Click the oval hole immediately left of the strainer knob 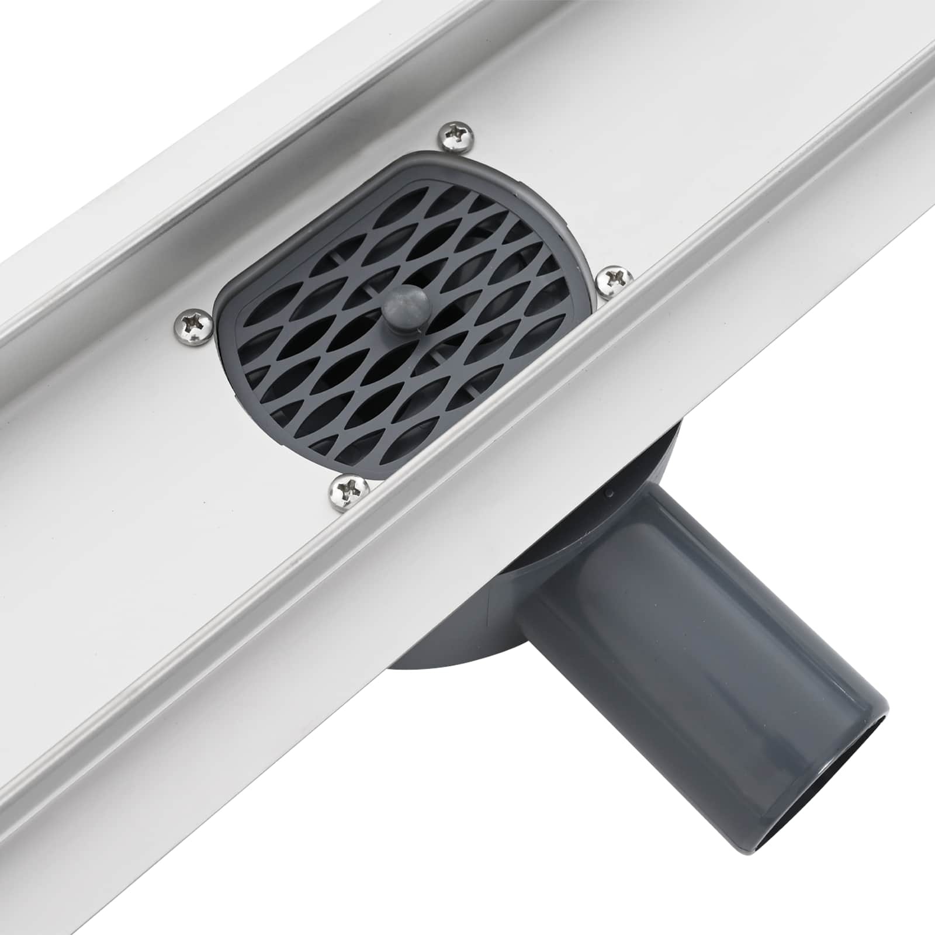point(356,304)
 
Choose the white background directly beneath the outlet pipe point(584,847)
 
